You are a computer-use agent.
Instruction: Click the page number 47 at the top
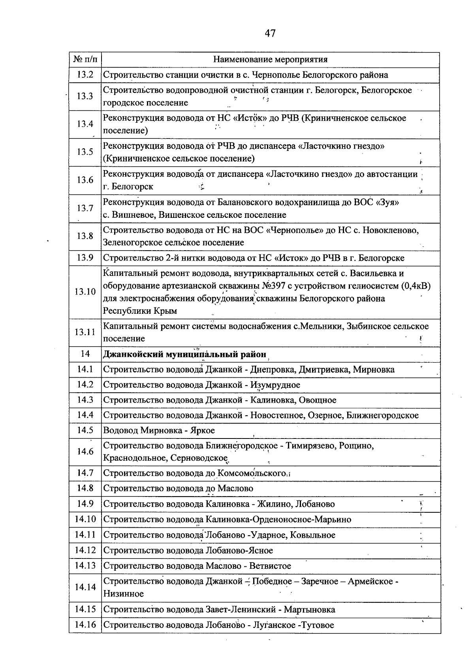pyautogui.click(x=270, y=33)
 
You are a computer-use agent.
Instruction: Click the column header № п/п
pyautogui.click(x=85, y=60)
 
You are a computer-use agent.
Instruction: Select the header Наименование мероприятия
pyautogui.click(x=270, y=60)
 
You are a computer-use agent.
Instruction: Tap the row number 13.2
pyautogui.click(x=85, y=75)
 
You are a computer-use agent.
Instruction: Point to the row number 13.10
pyautogui.click(x=85, y=292)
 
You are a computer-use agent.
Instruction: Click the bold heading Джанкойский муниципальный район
pyautogui.click(x=184, y=354)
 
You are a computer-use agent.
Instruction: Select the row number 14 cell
pyautogui.click(x=85, y=354)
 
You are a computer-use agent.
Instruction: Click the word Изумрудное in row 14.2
pyautogui.click(x=275, y=385)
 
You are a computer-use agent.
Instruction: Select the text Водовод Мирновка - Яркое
pyautogui.click(x=159, y=430)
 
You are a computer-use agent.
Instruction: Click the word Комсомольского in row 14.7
pyautogui.click(x=252, y=473)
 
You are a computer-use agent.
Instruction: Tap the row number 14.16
pyautogui.click(x=85, y=625)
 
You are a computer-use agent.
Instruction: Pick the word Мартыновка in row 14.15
pyautogui.click(x=309, y=609)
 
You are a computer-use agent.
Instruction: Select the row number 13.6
pyautogui.click(x=85, y=180)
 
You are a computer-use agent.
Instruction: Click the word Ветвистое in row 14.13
pyautogui.click(x=270, y=566)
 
